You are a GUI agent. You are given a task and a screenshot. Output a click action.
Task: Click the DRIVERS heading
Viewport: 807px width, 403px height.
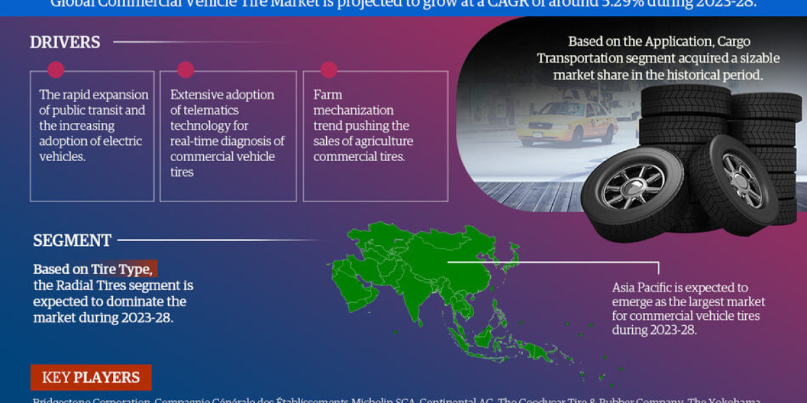tap(65, 42)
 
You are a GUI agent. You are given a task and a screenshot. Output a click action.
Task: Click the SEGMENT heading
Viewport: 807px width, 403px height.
tap(72, 240)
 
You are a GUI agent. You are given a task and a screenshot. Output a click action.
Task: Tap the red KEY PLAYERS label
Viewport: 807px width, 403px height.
tap(91, 377)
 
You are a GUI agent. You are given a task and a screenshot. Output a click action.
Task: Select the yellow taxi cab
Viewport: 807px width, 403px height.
tap(567, 123)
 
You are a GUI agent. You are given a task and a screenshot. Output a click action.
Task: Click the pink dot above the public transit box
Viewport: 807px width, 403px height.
tap(56, 70)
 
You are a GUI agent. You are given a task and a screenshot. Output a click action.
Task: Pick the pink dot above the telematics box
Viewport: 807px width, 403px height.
tap(186, 70)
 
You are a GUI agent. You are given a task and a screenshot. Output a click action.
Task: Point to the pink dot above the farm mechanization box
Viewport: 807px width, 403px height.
tap(328, 70)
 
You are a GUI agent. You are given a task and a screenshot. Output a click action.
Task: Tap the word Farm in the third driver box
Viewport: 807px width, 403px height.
tap(328, 95)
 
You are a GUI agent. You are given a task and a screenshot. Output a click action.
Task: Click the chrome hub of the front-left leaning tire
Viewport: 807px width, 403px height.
tap(633, 186)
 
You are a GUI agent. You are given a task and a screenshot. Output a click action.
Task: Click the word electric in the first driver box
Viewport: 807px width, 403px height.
tap(119, 141)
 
